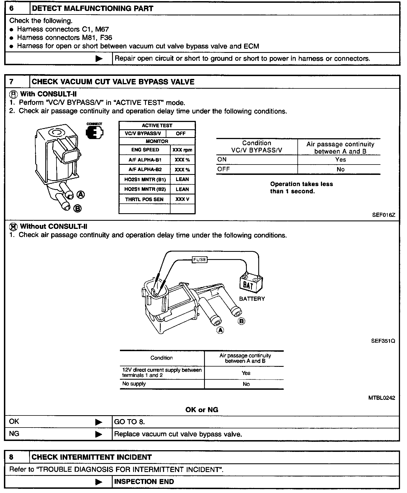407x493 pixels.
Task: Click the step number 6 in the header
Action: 11,8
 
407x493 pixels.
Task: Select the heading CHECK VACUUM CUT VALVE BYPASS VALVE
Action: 113,82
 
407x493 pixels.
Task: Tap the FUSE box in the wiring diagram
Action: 200,260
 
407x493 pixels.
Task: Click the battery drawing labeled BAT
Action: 251,283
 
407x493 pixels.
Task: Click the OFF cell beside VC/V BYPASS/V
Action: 181,133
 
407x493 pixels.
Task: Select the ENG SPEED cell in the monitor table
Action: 145,150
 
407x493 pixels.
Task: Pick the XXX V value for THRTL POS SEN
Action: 182,199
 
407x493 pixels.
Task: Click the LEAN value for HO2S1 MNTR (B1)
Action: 182,179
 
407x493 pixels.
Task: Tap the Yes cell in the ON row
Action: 340,160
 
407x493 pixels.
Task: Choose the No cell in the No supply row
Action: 246,384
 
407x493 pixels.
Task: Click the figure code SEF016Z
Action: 384,215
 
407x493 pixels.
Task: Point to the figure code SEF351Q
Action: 383,341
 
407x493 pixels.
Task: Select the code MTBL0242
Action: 382,398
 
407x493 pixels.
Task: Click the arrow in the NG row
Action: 99,434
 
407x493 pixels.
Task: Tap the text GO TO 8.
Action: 129,422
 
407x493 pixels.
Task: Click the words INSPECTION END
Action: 144,482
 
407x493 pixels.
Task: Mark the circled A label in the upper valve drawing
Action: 81,194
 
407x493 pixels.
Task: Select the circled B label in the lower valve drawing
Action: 241,321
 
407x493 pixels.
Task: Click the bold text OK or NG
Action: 202,410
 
